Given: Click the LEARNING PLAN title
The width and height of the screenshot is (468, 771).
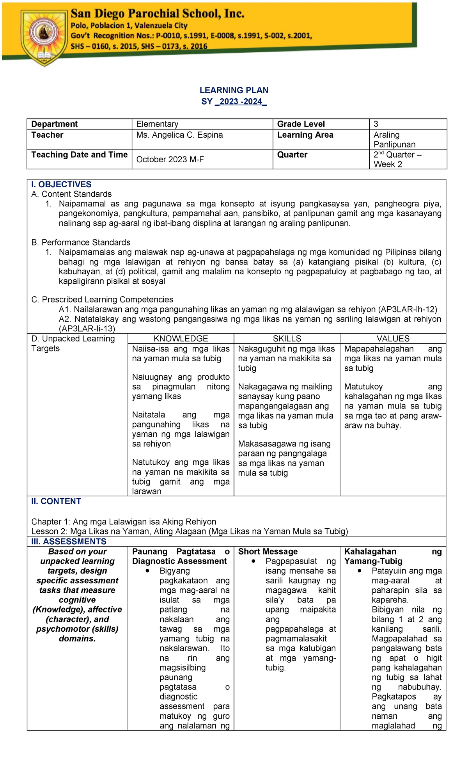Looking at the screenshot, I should pos(234,90).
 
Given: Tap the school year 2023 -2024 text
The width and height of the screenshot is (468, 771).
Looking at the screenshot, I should pos(240,101).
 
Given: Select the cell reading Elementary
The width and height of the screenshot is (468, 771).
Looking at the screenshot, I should pos(157,124).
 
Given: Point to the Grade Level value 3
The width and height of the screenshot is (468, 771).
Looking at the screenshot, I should pos(376,124).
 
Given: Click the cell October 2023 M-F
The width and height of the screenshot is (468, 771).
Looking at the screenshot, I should pos(170,159).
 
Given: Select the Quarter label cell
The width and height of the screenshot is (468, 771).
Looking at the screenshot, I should pos(292,155).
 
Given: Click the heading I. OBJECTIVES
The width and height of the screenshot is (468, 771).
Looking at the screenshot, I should pos(61,185).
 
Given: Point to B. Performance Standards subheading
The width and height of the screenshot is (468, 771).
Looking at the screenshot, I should pos(81,242).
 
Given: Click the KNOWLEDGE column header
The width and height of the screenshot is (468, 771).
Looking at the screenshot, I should pos(181,339).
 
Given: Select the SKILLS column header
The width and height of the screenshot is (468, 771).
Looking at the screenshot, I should pos(287,339).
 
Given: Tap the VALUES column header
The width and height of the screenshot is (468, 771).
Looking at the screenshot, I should pos(393,339).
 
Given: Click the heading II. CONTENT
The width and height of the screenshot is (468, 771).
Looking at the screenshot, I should pos(56,501).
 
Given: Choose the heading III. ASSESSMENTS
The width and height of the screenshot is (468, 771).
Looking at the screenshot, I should pos(69,542).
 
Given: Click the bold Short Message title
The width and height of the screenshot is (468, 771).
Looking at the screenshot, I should pos(268,551).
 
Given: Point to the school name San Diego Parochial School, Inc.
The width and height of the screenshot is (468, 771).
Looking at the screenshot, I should pos(157,14).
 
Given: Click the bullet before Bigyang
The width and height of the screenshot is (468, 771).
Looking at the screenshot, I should pos(147,571).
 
